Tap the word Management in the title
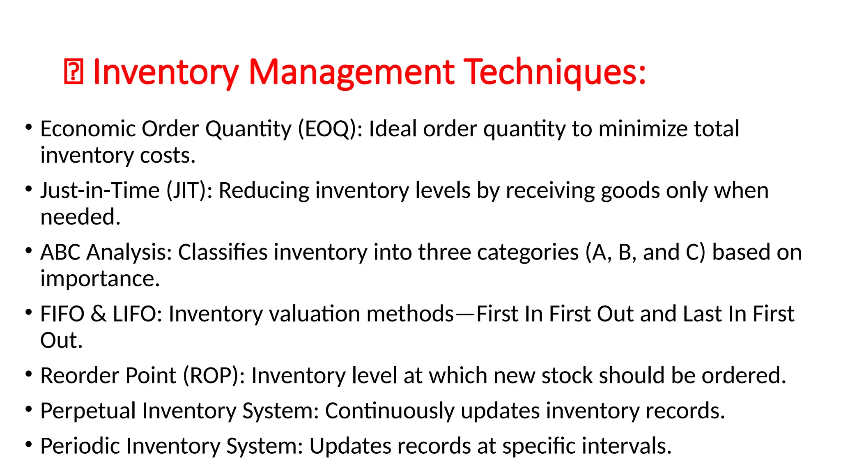coord(352,72)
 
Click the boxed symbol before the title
coord(74,72)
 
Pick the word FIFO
coord(62,314)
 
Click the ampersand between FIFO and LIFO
coord(99,314)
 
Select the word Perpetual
coord(88,411)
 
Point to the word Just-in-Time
coord(100,191)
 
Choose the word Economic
coord(88,129)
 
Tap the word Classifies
coord(223,252)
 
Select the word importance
coord(100,279)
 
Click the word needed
coord(80,217)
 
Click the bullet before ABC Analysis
coord(28,250)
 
